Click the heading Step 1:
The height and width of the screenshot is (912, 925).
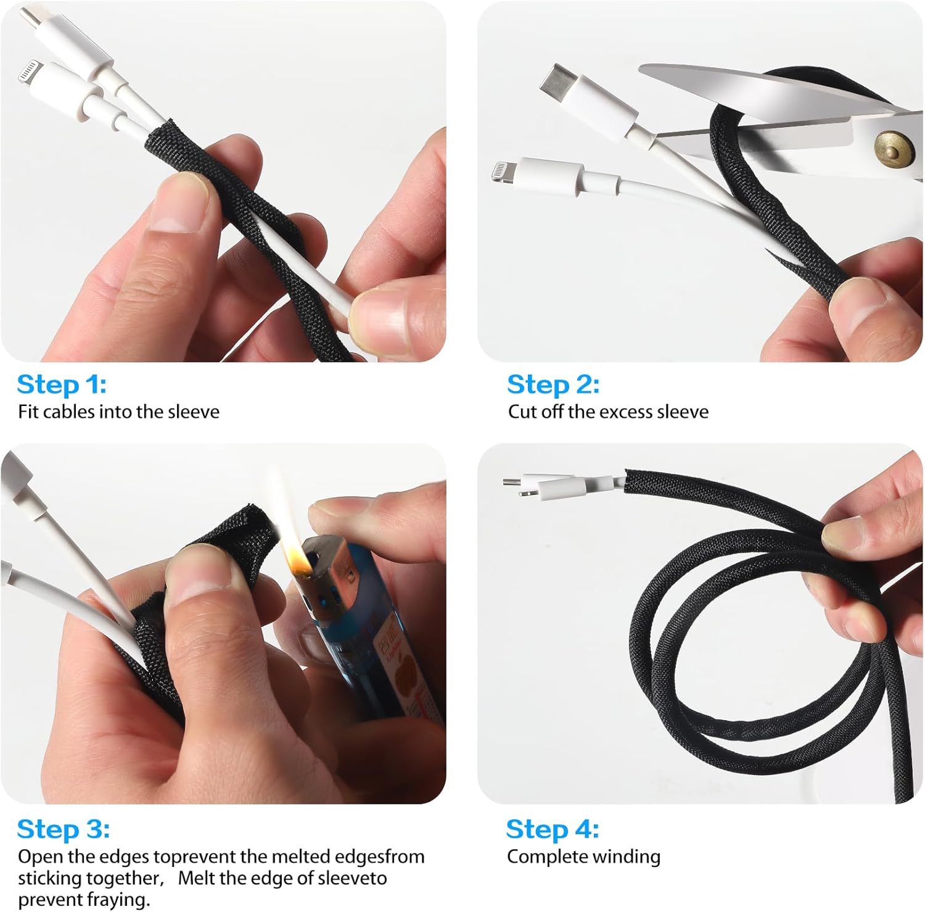(62, 384)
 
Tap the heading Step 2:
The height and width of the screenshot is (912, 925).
(553, 384)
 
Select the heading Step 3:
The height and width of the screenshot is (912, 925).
(64, 829)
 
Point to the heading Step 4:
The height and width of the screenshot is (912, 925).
(553, 829)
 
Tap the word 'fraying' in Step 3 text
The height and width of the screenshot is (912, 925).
(117, 900)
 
